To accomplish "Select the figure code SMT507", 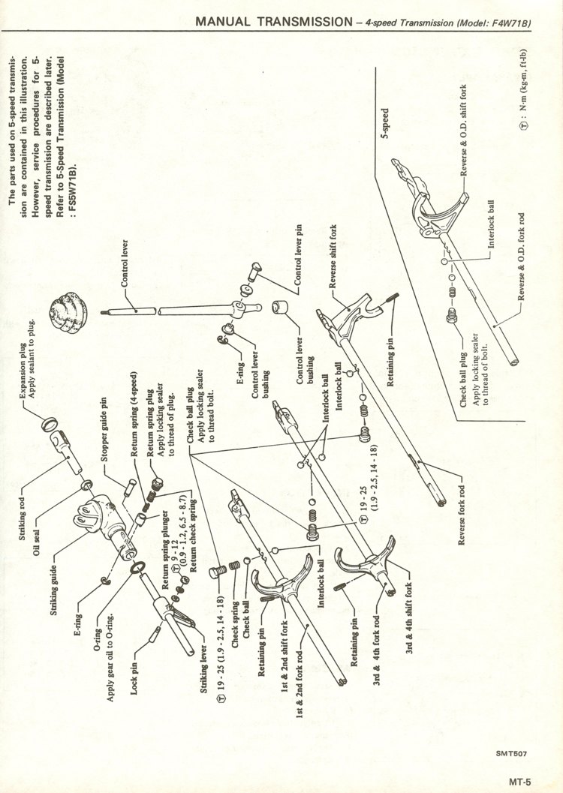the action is point(511,753).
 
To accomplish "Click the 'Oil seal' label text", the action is point(37,542).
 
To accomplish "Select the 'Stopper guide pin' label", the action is point(104,430).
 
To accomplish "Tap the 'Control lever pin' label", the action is point(298,254).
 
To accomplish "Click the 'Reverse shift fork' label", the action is point(333,257).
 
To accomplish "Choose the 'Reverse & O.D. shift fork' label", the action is point(464,130).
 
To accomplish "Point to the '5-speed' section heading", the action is point(385,123).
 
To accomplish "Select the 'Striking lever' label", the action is point(204,668).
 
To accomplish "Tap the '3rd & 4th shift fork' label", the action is point(408,617).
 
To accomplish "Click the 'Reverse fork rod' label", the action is point(462,515).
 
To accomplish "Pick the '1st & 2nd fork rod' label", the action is point(300,683).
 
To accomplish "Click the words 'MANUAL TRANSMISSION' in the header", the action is point(274,21).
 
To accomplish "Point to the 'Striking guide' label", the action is point(53,590).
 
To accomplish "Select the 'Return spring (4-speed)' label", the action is point(134,414).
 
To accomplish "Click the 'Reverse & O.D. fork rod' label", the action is point(522,257).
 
